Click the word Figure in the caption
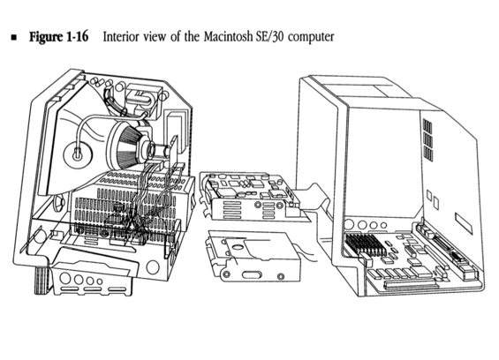pos(46,36)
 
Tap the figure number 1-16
pos(78,36)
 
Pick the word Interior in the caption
pos(121,36)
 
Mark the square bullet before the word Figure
pos(14,38)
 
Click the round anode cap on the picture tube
pos(77,155)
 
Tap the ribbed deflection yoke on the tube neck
pos(127,147)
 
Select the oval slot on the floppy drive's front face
pos(252,274)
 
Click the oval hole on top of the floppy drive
pos(238,246)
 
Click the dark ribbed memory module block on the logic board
pos(366,244)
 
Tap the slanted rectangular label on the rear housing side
pos(464,223)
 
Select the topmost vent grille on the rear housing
pos(427,125)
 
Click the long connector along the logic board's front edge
pos(410,285)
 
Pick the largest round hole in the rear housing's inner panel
pos(349,224)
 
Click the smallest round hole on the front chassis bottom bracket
pos(100,281)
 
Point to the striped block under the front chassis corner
pos(42,281)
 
